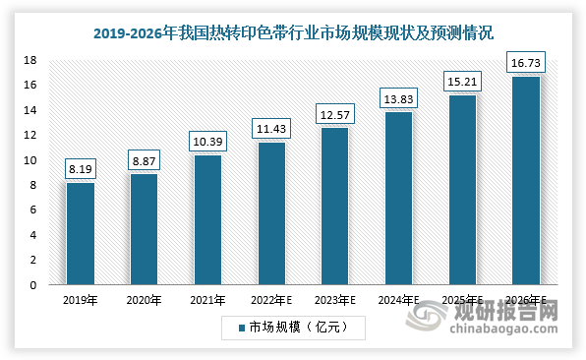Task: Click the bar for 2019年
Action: point(81,234)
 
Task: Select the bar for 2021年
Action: point(206,220)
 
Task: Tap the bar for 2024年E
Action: point(396,199)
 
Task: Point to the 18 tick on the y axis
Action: point(30,60)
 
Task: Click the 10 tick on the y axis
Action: point(30,160)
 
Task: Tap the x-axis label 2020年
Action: point(144,301)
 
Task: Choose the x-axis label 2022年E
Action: point(270,301)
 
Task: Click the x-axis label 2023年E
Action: point(333,301)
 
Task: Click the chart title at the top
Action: point(294,32)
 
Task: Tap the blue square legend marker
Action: point(239,326)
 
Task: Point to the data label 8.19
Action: point(81,169)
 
